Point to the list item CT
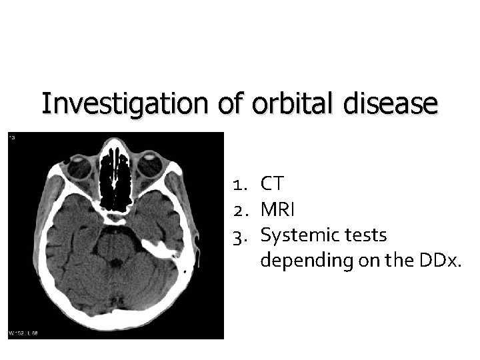272,183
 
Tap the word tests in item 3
363,235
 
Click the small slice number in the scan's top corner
12,137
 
